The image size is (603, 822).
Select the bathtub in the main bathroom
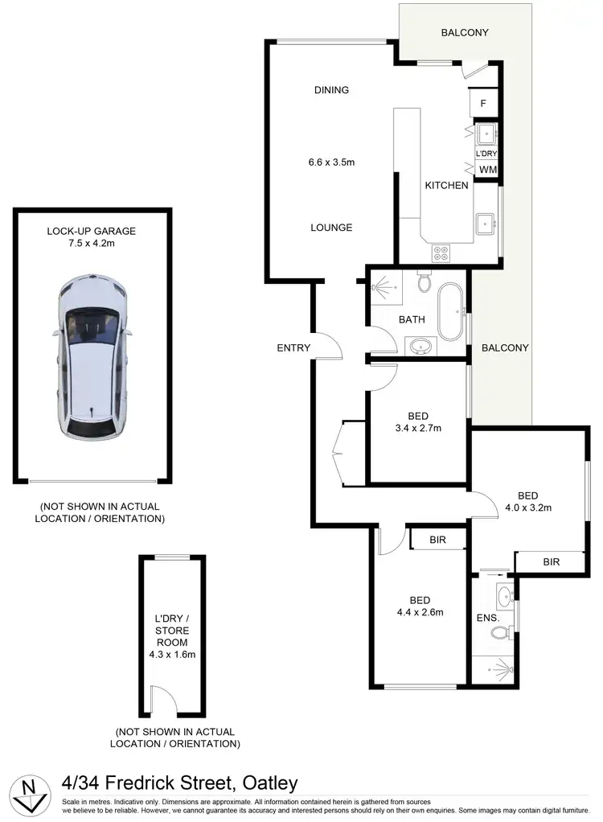(x=450, y=311)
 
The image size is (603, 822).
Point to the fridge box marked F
(x=483, y=103)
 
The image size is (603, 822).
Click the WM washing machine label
(x=487, y=170)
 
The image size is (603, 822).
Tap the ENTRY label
(x=293, y=347)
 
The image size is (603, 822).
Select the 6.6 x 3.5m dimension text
(x=331, y=162)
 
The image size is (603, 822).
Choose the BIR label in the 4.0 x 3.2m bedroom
(x=551, y=562)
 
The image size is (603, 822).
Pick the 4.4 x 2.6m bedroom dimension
(x=420, y=612)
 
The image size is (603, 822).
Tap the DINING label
(x=331, y=90)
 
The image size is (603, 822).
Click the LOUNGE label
(x=331, y=228)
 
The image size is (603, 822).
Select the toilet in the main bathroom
(x=424, y=284)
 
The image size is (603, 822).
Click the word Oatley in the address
(x=266, y=783)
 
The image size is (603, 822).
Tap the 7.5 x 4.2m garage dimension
(x=91, y=243)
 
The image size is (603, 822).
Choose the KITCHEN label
(x=446, y=186)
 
